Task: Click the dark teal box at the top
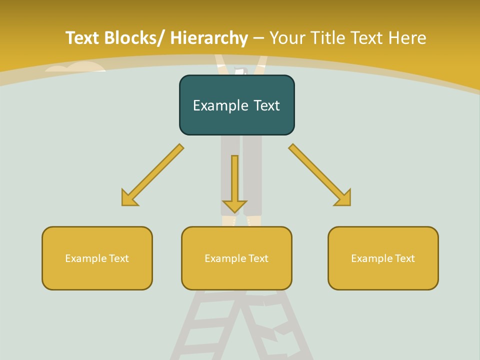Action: point(236,105)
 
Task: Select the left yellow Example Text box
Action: point(97,258)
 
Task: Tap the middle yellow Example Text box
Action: point(236,258)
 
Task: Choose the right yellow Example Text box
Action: point(383,258)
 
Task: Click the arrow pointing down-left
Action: point(152,175)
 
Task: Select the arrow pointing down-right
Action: point(320,175)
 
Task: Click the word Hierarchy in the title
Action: point(209,38)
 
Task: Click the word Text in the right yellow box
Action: point(404,258)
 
